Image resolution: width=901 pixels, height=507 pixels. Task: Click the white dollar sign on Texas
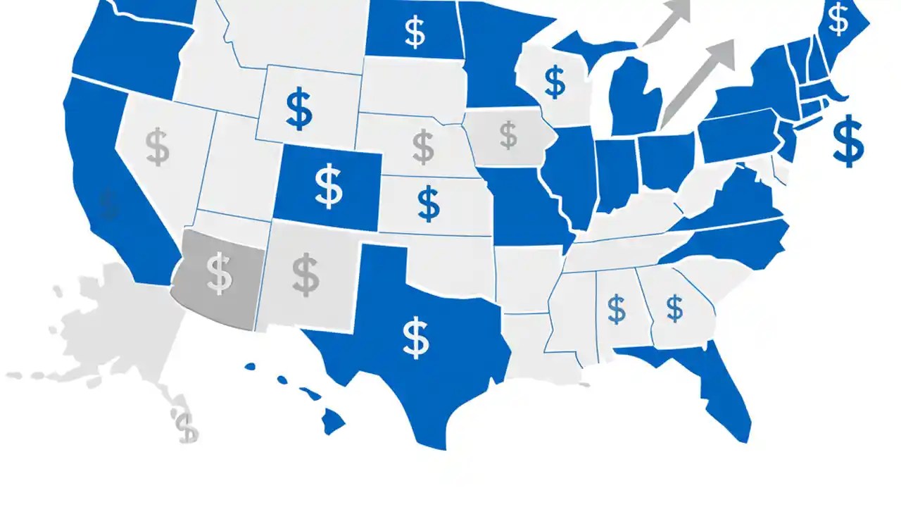416,337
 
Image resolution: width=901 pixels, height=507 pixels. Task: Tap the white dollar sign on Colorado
328,186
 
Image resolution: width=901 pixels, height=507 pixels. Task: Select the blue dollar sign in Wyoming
299,109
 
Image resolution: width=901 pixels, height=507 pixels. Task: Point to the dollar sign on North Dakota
415,32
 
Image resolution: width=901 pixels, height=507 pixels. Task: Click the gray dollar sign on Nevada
158,146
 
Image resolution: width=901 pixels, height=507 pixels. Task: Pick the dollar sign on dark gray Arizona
219,274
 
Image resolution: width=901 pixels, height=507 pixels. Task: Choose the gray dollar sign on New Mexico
305,275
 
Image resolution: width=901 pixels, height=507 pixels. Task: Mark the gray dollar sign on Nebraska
423,146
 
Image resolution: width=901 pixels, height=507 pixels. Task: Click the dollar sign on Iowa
508,134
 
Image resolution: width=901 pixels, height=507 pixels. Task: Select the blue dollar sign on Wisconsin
555,82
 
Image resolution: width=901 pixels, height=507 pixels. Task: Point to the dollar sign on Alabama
616,309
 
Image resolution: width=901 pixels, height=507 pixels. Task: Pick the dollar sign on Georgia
674,308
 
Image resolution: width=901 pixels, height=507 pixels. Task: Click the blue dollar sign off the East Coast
848,140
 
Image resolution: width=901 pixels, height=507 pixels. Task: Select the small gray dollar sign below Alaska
186,427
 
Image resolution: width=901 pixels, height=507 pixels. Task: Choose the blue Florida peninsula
725,394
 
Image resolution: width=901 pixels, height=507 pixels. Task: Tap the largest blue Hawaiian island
334,423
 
